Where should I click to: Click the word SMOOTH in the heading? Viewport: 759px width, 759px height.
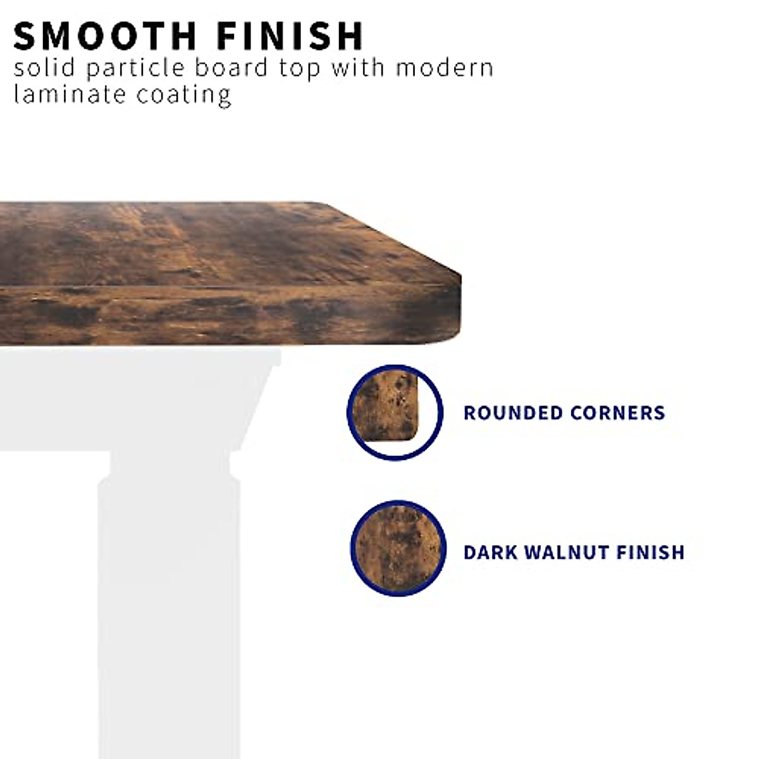pos(105,36)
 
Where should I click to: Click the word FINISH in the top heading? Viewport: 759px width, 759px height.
pos(290,36)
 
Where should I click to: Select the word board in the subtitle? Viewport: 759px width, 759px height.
pos(231,68)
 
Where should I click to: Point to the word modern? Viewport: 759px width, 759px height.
pos(445,68)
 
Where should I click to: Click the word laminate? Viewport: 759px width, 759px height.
pos(70,94)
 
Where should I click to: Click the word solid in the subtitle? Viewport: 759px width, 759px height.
pos(44,68)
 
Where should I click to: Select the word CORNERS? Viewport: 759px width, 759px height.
pos(617,413)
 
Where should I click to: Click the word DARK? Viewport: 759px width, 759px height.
pos(490,552)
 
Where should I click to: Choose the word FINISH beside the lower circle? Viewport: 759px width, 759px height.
pos(651,552)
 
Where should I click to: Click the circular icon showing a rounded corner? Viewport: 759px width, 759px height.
pos(395,412)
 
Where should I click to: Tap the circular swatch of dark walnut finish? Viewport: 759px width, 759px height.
pos(398,548)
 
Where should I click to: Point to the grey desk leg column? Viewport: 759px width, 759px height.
pos(170,614)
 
